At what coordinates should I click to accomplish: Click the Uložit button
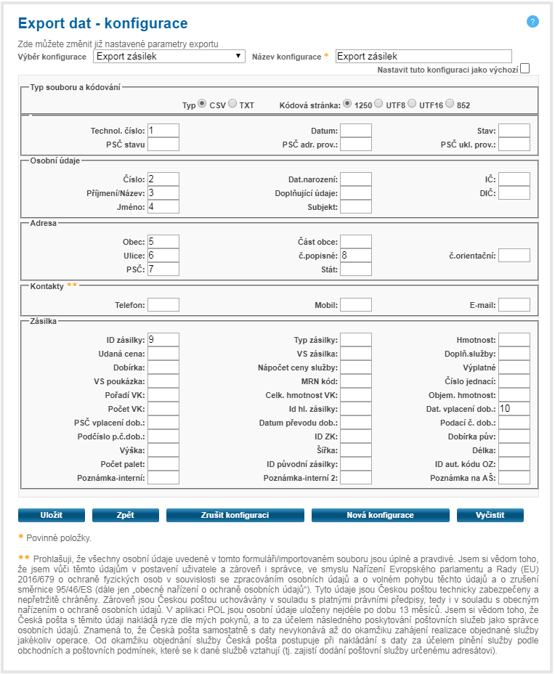(51, 515)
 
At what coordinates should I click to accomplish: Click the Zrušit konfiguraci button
(235, 515)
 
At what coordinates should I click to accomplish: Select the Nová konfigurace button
(380, 515)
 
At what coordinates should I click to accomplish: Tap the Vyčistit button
(490, 515)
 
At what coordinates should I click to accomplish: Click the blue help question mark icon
(532, 21)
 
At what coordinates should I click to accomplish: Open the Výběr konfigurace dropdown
(169, 56)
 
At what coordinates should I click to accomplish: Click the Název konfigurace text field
(424, 56)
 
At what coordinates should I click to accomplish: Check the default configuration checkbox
(525, 69)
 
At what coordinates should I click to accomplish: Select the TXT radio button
(232, 104)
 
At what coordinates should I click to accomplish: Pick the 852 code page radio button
(450, 104)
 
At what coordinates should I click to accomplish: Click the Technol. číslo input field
(163, 131)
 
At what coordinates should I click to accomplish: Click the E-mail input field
(514, 304)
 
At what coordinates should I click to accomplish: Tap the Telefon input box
(163, 304)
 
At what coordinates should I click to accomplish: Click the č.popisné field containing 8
(356, 255)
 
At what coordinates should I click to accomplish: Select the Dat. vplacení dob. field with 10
(514, 408)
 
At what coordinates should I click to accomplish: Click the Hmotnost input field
(514, 339)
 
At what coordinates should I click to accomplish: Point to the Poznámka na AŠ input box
(514, 477)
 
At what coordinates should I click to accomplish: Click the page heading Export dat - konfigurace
(102, 24)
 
